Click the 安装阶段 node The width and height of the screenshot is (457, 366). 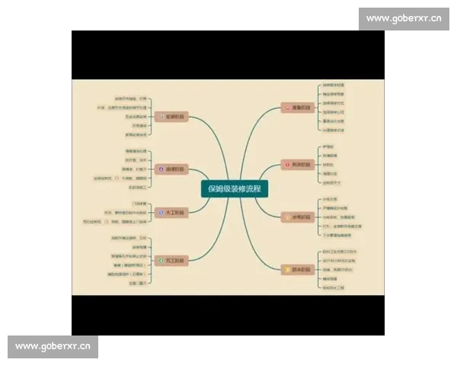pyautogui.click(x=173, y=117)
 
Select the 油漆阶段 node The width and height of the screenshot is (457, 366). pyautogui.click(x=173, y=169)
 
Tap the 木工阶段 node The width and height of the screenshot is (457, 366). pyautogui.click(x=173, y=213)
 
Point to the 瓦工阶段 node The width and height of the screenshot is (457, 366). pyautogui.click(x=173, y=261)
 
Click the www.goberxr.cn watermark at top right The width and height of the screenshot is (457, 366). pyautogui.click(x=403, y=18)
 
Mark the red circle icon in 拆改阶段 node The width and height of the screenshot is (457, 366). pyautogui.click(x=286, y=165)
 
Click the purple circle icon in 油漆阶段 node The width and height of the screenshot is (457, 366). pyautogui.click(x=161, y=169)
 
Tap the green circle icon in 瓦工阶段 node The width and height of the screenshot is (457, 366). pyautogui.click(x=161, y=261)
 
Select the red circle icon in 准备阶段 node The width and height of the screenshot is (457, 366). pyautogui.click(x=286, y=108)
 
